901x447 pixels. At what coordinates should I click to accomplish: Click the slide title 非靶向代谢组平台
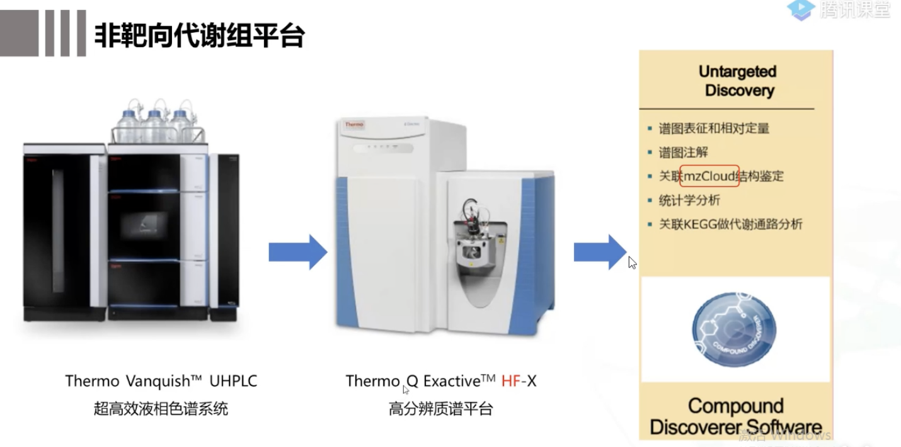click(x=199, y=36)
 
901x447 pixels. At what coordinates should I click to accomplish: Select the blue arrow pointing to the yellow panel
click(x=599, y=252)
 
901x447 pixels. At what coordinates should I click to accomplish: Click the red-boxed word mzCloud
click(x=709, y=176)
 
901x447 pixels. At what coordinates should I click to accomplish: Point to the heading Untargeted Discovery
click(x=737, y=81)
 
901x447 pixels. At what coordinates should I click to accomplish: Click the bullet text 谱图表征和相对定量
click(x=714, y=128)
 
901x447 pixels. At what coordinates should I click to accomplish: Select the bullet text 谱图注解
click(x=683, y=152)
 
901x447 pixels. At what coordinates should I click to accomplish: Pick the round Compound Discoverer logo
click(x=734, y=329)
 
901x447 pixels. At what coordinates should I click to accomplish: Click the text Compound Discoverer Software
click(x=735, y=416)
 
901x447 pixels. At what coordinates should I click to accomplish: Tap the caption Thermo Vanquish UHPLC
click(x=161, y=381)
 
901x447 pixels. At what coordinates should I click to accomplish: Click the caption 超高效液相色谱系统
click(x=161, y=409)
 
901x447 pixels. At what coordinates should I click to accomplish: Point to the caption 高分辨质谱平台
click(x=440, y=409)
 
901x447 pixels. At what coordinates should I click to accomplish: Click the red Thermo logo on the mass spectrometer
click(x=354, y=125)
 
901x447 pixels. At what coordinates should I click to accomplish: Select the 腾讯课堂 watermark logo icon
click(x=801, y=9)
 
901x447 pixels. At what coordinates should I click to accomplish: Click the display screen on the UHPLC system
click(x=145, y=225)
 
